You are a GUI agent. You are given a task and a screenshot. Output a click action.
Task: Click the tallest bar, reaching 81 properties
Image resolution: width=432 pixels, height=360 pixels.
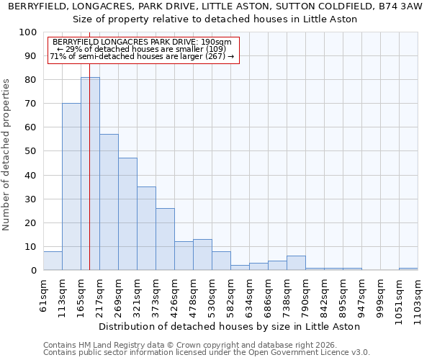(90, 174)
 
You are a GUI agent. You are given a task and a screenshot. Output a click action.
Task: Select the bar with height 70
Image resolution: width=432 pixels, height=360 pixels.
(71, 186)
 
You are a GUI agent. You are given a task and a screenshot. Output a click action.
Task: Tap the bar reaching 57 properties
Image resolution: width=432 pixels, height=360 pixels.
(109, 202)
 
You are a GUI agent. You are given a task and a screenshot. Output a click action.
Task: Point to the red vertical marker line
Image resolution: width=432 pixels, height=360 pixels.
(89, 180)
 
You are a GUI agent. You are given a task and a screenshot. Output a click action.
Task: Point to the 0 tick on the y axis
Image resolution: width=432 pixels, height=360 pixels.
(34, 271)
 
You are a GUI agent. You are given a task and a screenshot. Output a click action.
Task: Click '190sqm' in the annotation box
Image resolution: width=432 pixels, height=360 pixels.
(216, 42)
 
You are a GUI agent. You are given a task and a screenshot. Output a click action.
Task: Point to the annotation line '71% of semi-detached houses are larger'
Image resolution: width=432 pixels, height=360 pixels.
(142, 56)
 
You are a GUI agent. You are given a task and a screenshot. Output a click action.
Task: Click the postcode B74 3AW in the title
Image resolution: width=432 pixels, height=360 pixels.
(399, 6)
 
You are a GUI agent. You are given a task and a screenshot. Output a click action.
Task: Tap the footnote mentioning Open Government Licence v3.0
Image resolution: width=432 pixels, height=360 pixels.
(207, 352)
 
